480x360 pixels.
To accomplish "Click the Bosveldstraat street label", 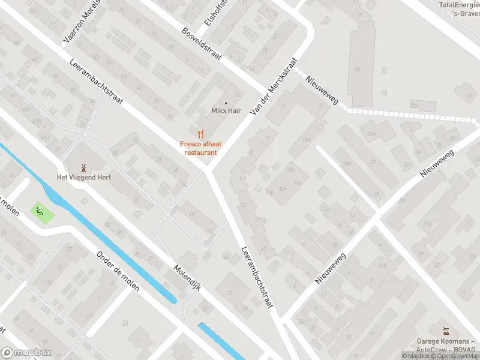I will click(202, 43).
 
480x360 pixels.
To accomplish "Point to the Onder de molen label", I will click(118, 271).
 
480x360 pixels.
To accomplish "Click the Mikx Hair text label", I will click(226, 111).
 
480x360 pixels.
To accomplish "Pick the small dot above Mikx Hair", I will click(226, 103).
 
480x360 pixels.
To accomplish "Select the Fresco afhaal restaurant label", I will click(200, 148).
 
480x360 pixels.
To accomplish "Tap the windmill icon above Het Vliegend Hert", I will click(84, 166).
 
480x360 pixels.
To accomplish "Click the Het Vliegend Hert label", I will click(84, 177).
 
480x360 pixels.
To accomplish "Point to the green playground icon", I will click(40, 211).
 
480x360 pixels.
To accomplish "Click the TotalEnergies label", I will click(459, 5).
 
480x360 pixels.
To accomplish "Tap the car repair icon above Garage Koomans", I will click(445, 331).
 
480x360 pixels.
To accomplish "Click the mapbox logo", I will click(26, 353).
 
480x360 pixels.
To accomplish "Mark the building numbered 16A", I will click(307, 139).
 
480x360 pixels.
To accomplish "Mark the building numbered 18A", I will click(346, 163).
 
